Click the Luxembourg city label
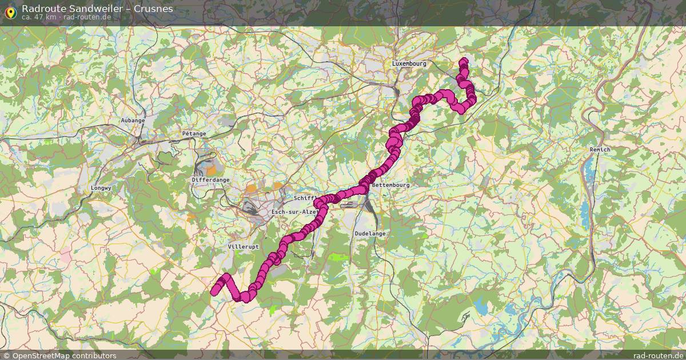tap(409, 64)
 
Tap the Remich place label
tap(600, 150)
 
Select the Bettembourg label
tap(390, 185)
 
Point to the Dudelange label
tap(370, 234)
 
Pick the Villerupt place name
tap(243, 246)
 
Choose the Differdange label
tap(210, 180)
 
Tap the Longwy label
tap(101, 187)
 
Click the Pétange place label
tap(194, 134)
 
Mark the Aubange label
tap(133, 121)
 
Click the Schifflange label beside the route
tap(305, 198)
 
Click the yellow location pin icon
tap(10, 11)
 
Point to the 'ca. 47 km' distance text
tap(39, 17)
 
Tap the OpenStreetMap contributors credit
tap(64, 355)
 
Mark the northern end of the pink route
tap(464, 61)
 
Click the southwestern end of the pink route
tap(215, 291)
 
